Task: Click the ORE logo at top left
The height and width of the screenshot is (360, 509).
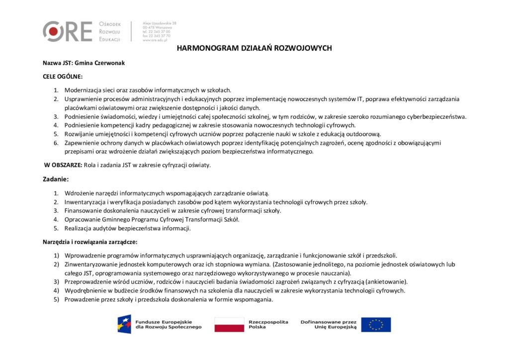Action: tap(68, 31)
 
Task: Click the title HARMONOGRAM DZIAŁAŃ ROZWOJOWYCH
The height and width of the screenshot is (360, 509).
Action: tap(254, 48)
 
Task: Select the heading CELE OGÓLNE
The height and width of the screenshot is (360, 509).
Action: tap(63, 77)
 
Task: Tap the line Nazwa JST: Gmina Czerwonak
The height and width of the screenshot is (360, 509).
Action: tap(76, 64)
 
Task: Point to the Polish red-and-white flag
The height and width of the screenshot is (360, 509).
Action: tap(229, 324)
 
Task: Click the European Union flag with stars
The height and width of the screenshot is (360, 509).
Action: tap(376, 324)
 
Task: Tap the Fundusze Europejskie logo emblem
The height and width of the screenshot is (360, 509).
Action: tap(124, 324)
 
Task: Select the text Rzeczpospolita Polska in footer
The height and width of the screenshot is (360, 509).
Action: tap(268, 324)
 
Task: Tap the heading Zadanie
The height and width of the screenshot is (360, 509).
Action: tap(56, 179)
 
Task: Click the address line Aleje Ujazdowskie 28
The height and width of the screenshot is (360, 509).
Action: tap(160, 23)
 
